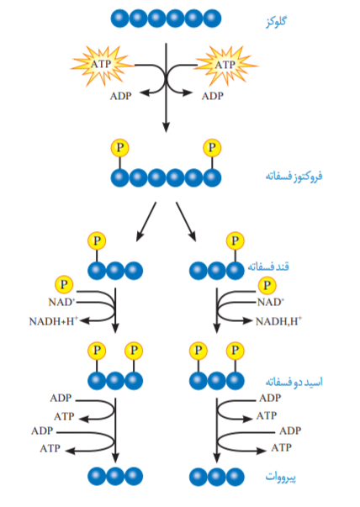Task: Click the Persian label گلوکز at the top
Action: click(276, 22)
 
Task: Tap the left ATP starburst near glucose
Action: click(101, 65)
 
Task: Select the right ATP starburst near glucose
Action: click(225, 65)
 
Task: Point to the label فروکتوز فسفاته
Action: click(294, 177)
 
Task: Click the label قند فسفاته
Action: click(268, 267)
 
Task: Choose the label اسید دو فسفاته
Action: click(294, 382)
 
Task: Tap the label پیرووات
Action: click(280, 477)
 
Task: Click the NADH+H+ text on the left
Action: click(54, 321)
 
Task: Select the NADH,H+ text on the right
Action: click(278, 321)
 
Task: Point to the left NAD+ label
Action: click(61, 302)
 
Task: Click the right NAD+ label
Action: click(271, 302)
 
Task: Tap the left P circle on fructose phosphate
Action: click(119, 148)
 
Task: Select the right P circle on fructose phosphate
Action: click(212, 148)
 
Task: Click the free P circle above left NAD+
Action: click(64, 284)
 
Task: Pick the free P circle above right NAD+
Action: click(267, 285)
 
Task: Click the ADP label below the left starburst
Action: click(120, 96)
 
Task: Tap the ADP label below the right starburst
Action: click(213, 96)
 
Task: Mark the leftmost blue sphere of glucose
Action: click(119, 18)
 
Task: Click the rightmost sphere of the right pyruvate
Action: click(236, 477)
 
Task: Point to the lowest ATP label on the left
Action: click(50, 448)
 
